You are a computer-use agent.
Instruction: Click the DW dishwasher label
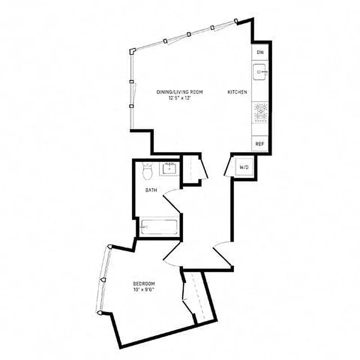pyautogui.click(x=260, y=53)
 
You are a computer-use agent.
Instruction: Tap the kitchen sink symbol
pyautogui.click(x=261, y=72)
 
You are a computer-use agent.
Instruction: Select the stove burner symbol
pyautogui.click(x=260, y=112)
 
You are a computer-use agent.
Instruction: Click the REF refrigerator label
pyautogui.click(x=260, y=144)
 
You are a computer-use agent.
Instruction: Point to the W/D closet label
pyautogui.click(x=244, y=167)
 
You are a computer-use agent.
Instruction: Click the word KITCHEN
pyautogui.click(x=237, y=92)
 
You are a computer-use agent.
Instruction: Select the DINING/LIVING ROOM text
pyautogui.click(x=180, y=92)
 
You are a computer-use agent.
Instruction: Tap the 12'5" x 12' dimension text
pyautogui.click(x=180, y=98)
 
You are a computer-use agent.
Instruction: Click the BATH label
pyautogui.click(x=151, y=190)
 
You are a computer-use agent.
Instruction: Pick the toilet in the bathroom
pyautogui.click(x=147, y=170)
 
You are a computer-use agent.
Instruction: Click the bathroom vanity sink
pyautogui.click(x=170, y=169)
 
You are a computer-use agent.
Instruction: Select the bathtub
pyautogui.click(x=158, y=227)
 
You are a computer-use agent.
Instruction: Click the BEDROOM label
pyautogui.click(x=144, y=283)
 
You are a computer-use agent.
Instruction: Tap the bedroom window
pyautogui.click(x=103, y=279)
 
